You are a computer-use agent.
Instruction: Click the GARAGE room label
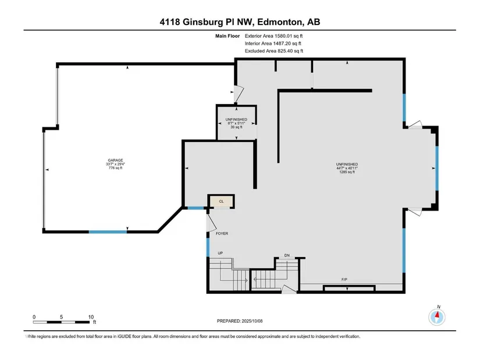pyautogui.click(x=115, y=160)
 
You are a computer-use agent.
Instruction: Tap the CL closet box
pyautogui.click(x=221, y=201)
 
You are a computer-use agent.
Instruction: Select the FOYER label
pyautogui.click(x=222, y=234)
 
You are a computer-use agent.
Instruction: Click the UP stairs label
pyautogui.click(x=220, y=253)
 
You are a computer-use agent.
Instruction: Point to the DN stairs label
pyautogui.click(x=287, y=255)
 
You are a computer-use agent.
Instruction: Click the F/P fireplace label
pyautogui.click(x=344, y=280)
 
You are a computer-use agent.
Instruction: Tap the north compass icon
pyautogui.click(x=437, y=317)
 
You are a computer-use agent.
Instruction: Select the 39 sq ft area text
pyautogui.click(x=236, y=127)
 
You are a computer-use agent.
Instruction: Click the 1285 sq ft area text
pyautogui.click(x=347, y=172)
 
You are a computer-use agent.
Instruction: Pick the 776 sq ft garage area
pyautogui.click(x=115, y=167)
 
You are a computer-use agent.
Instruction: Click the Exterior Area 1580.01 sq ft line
pyautogui.click(x=273, y=36)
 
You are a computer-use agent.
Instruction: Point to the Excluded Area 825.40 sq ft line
pyautogui.click(x=274, y=51)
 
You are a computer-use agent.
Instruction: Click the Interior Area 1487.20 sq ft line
pyautogui.click(x=273, y=44)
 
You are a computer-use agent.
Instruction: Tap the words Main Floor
pyautogui.click(x=227, y=36)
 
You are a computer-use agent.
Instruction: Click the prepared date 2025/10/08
pyautogui.click(x=253, y=321)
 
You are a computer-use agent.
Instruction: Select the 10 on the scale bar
pyautogui.click(x=91, y=317)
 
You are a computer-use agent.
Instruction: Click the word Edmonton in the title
pyautogui.click(x=280, y=22)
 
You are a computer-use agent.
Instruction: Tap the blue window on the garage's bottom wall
pyautogui.click(x=108, y=232)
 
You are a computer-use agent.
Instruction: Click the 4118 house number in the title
pyautogui.click(x=170, y=22)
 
